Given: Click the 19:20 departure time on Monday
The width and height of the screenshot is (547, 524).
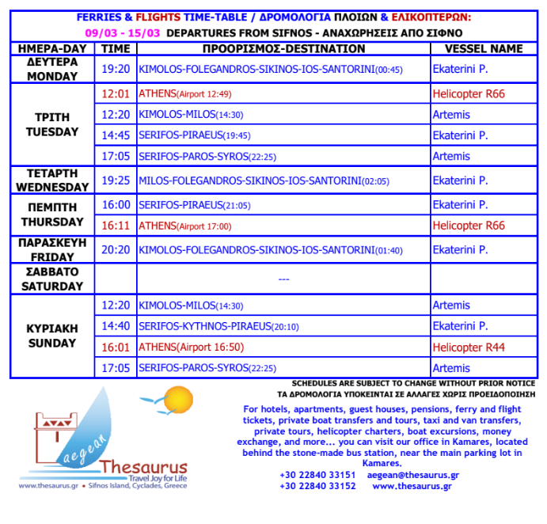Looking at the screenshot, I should (x=116, y=70).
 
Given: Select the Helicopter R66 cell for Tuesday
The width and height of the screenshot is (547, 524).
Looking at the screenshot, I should (x=469, y=94).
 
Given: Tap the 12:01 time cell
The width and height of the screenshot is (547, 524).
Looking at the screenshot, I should (x=116, y=94).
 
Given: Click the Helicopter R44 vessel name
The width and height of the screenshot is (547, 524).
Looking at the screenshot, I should (x=469, y=347).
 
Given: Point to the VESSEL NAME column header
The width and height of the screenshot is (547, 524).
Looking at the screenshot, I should (x=477, y=49).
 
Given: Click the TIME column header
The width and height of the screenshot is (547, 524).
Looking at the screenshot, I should (x=116, y=49).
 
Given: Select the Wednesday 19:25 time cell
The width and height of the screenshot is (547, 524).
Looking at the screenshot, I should (x=116, y=181).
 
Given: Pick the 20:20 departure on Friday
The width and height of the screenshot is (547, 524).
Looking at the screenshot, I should (x=116, y=250).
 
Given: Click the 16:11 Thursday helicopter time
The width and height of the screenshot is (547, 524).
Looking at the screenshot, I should (x=116, y=226).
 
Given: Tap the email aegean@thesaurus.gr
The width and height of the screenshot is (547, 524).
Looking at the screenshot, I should (x=413, y=475).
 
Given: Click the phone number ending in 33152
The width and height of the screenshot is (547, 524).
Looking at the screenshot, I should (x=317, y=486).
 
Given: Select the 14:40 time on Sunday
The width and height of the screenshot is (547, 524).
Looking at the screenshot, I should (x=116, y=326).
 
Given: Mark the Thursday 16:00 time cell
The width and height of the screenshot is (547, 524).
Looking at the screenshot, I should (x=116, y=205).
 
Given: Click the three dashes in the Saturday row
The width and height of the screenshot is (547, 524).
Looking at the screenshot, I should (x=284, y=279).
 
